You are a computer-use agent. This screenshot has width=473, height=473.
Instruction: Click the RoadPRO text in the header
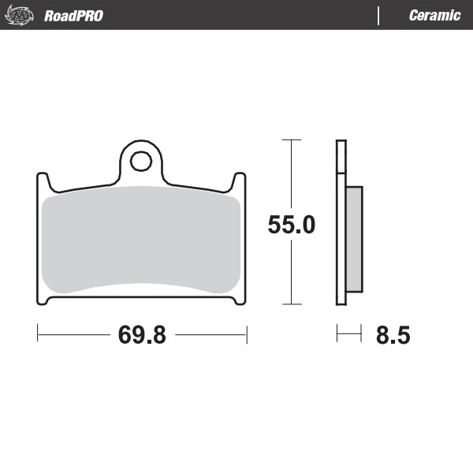click(73, 16)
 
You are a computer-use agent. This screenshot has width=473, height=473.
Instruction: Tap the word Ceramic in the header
click(434, 16)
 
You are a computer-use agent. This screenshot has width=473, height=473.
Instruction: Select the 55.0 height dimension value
click(292, 225)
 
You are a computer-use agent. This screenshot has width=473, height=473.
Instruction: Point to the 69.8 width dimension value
click(142, 334)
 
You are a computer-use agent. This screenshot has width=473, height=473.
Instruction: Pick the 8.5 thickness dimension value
click(393, 335)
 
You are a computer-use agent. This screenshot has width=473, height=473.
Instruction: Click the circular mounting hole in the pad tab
click(142, 162)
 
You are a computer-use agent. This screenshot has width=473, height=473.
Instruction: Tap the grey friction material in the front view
click(142, 240)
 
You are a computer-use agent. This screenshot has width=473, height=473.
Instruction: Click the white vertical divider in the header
click(379, 16)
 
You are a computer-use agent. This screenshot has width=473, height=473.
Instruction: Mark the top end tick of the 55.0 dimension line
click(292, 140)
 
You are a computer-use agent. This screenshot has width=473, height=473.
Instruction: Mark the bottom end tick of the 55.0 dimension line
click(292, 304)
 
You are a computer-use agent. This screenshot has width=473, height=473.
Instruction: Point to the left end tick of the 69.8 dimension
click(38, 334)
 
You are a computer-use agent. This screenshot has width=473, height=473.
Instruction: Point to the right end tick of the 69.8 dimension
click(247, 334)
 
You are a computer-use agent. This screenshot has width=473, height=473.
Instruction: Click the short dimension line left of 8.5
click(348, 334)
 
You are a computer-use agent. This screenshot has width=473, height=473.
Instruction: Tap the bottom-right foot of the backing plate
click(239, 301)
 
